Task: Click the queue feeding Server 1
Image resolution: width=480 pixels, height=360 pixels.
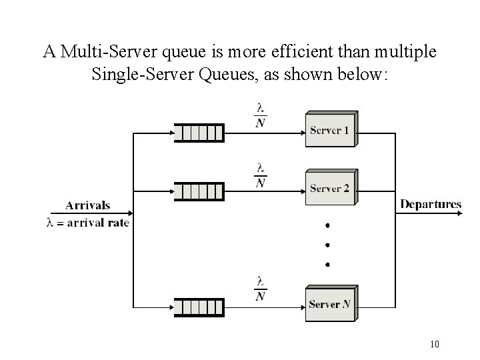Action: (199, 133)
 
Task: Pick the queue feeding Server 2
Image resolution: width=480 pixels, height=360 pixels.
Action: (199, 191)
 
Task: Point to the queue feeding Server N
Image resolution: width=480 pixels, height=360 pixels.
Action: (199, 307)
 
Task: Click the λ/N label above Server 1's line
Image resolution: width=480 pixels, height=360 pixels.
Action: (261, 115)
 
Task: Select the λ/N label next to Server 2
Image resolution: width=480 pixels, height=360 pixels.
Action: (261, 175)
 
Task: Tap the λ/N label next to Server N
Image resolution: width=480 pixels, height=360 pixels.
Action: (261, 289)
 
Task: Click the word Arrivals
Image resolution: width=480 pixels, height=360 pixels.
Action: (88, 205)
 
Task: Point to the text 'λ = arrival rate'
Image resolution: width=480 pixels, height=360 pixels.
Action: (87, 223)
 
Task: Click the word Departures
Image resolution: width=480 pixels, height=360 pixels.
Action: (431, 204)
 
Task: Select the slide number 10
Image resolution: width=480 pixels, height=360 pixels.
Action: (435, 344)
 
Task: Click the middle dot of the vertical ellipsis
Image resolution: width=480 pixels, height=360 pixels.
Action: (327, 245)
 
